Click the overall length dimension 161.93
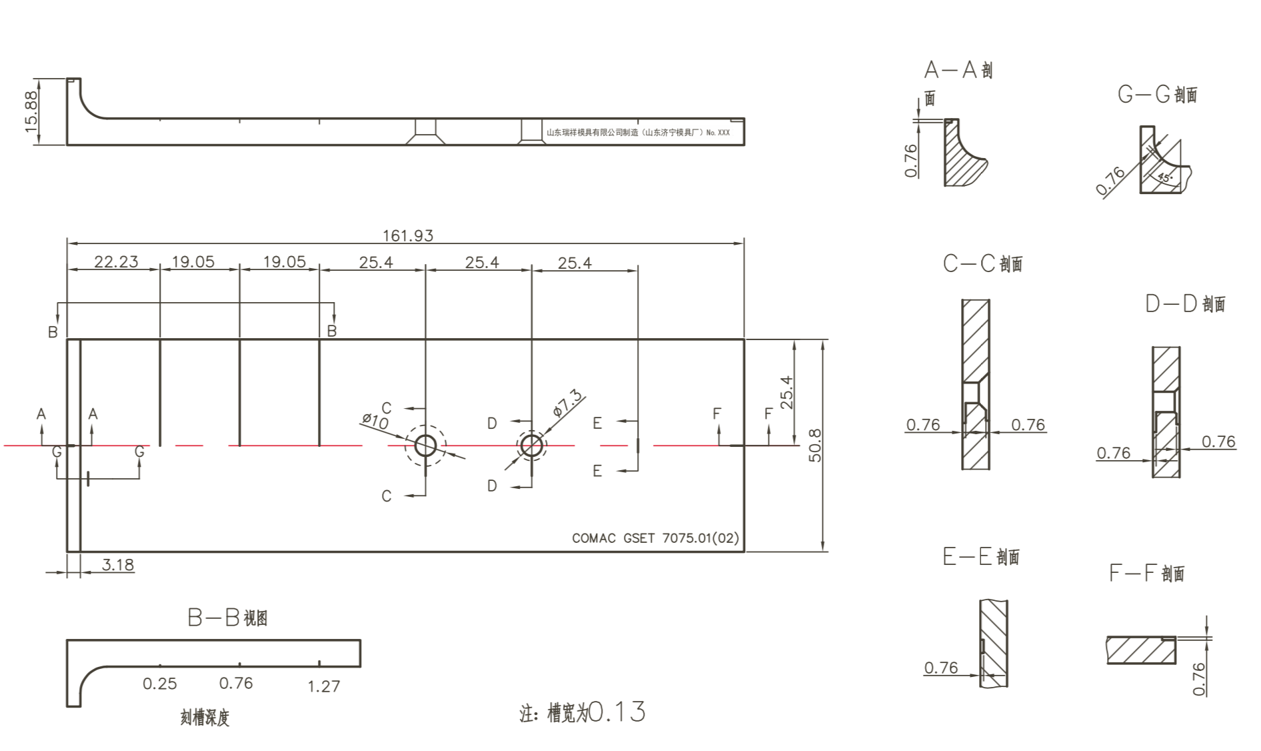click(407, 235)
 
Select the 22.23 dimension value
click(116, 261)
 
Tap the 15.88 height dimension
click(31, 111)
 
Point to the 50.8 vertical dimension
click(814, 446)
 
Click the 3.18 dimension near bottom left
click(118, 565)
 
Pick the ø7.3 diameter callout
click(567, 403)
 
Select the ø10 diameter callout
click(375, 421)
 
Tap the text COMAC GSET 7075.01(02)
click(655, 538)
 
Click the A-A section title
click(958, 70)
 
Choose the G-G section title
click(1157, 95)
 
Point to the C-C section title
click(982, 263)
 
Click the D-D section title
click(1185, 304)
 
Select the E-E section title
click(981, 557)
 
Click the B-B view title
click(227, 618)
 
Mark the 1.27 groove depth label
click(323, 686)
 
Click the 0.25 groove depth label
click(160, 684)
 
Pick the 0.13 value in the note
click(617, 712)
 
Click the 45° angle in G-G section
click(1164, 177)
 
